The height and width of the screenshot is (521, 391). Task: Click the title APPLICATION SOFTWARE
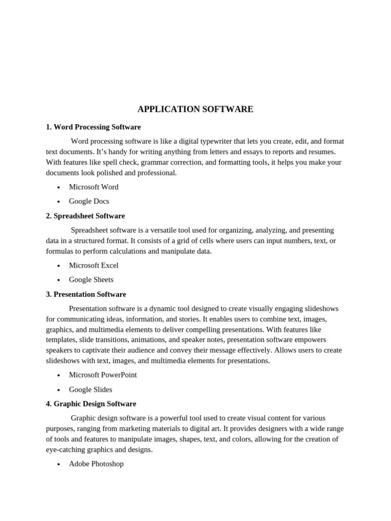coord(195,109)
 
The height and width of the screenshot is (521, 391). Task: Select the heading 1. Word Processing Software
coord(93,127)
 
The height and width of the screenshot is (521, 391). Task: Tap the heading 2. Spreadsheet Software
coord(85,216)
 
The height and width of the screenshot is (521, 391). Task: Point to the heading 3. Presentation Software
coord(86,294)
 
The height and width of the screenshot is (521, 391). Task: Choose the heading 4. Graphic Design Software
coord(91,403)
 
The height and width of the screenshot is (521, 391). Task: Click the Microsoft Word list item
coord(94,187)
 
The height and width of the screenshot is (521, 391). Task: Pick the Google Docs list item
coord(89,201)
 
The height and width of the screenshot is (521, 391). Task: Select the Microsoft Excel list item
coord(94,265)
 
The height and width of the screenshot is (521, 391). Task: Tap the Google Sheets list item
coord(91,279)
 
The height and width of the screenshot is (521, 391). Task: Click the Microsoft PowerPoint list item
coord(103,374)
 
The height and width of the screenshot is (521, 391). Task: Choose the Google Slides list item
coord(91,389)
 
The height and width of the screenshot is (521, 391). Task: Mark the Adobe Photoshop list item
coord(96,464)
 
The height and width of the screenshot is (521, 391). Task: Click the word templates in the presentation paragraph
coord(61,339)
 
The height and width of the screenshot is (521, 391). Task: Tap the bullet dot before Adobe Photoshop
coord(59,464)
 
